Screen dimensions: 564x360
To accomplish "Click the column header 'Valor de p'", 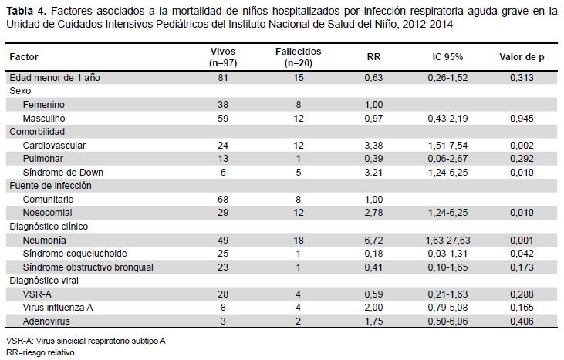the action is point(522,57).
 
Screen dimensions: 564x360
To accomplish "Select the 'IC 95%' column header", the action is point(447,57).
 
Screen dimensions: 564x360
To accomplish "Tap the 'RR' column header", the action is point(373,57).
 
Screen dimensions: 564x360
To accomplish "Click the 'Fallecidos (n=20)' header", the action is point(298,57).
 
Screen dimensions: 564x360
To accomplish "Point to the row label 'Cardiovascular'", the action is point(54,146).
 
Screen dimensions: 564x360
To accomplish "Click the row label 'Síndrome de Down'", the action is point(63,173).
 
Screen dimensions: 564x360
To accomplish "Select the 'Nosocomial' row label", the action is point(48,213).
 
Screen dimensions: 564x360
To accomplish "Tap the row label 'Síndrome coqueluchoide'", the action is point(75,254).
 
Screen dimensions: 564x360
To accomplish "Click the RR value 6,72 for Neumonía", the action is point(373,241).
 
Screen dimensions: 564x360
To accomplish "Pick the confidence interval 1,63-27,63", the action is point(447,241).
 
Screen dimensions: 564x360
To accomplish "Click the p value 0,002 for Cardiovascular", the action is point(522,146).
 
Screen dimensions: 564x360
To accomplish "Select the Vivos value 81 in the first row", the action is point(223,78).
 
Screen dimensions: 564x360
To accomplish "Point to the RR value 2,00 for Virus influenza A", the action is point(373,308).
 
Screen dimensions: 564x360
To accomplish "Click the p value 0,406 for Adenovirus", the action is point(522,321).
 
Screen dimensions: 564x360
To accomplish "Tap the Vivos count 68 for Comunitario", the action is point(223,200).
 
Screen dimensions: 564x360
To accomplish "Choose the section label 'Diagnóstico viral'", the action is point(44,281).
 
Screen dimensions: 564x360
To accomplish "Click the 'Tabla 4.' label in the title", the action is point(26,12).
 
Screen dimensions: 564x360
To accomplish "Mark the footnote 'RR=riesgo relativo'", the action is point(40,352).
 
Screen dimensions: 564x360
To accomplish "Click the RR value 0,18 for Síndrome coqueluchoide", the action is point(373,254).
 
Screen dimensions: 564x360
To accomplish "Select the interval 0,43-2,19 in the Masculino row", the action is point(447,119).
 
